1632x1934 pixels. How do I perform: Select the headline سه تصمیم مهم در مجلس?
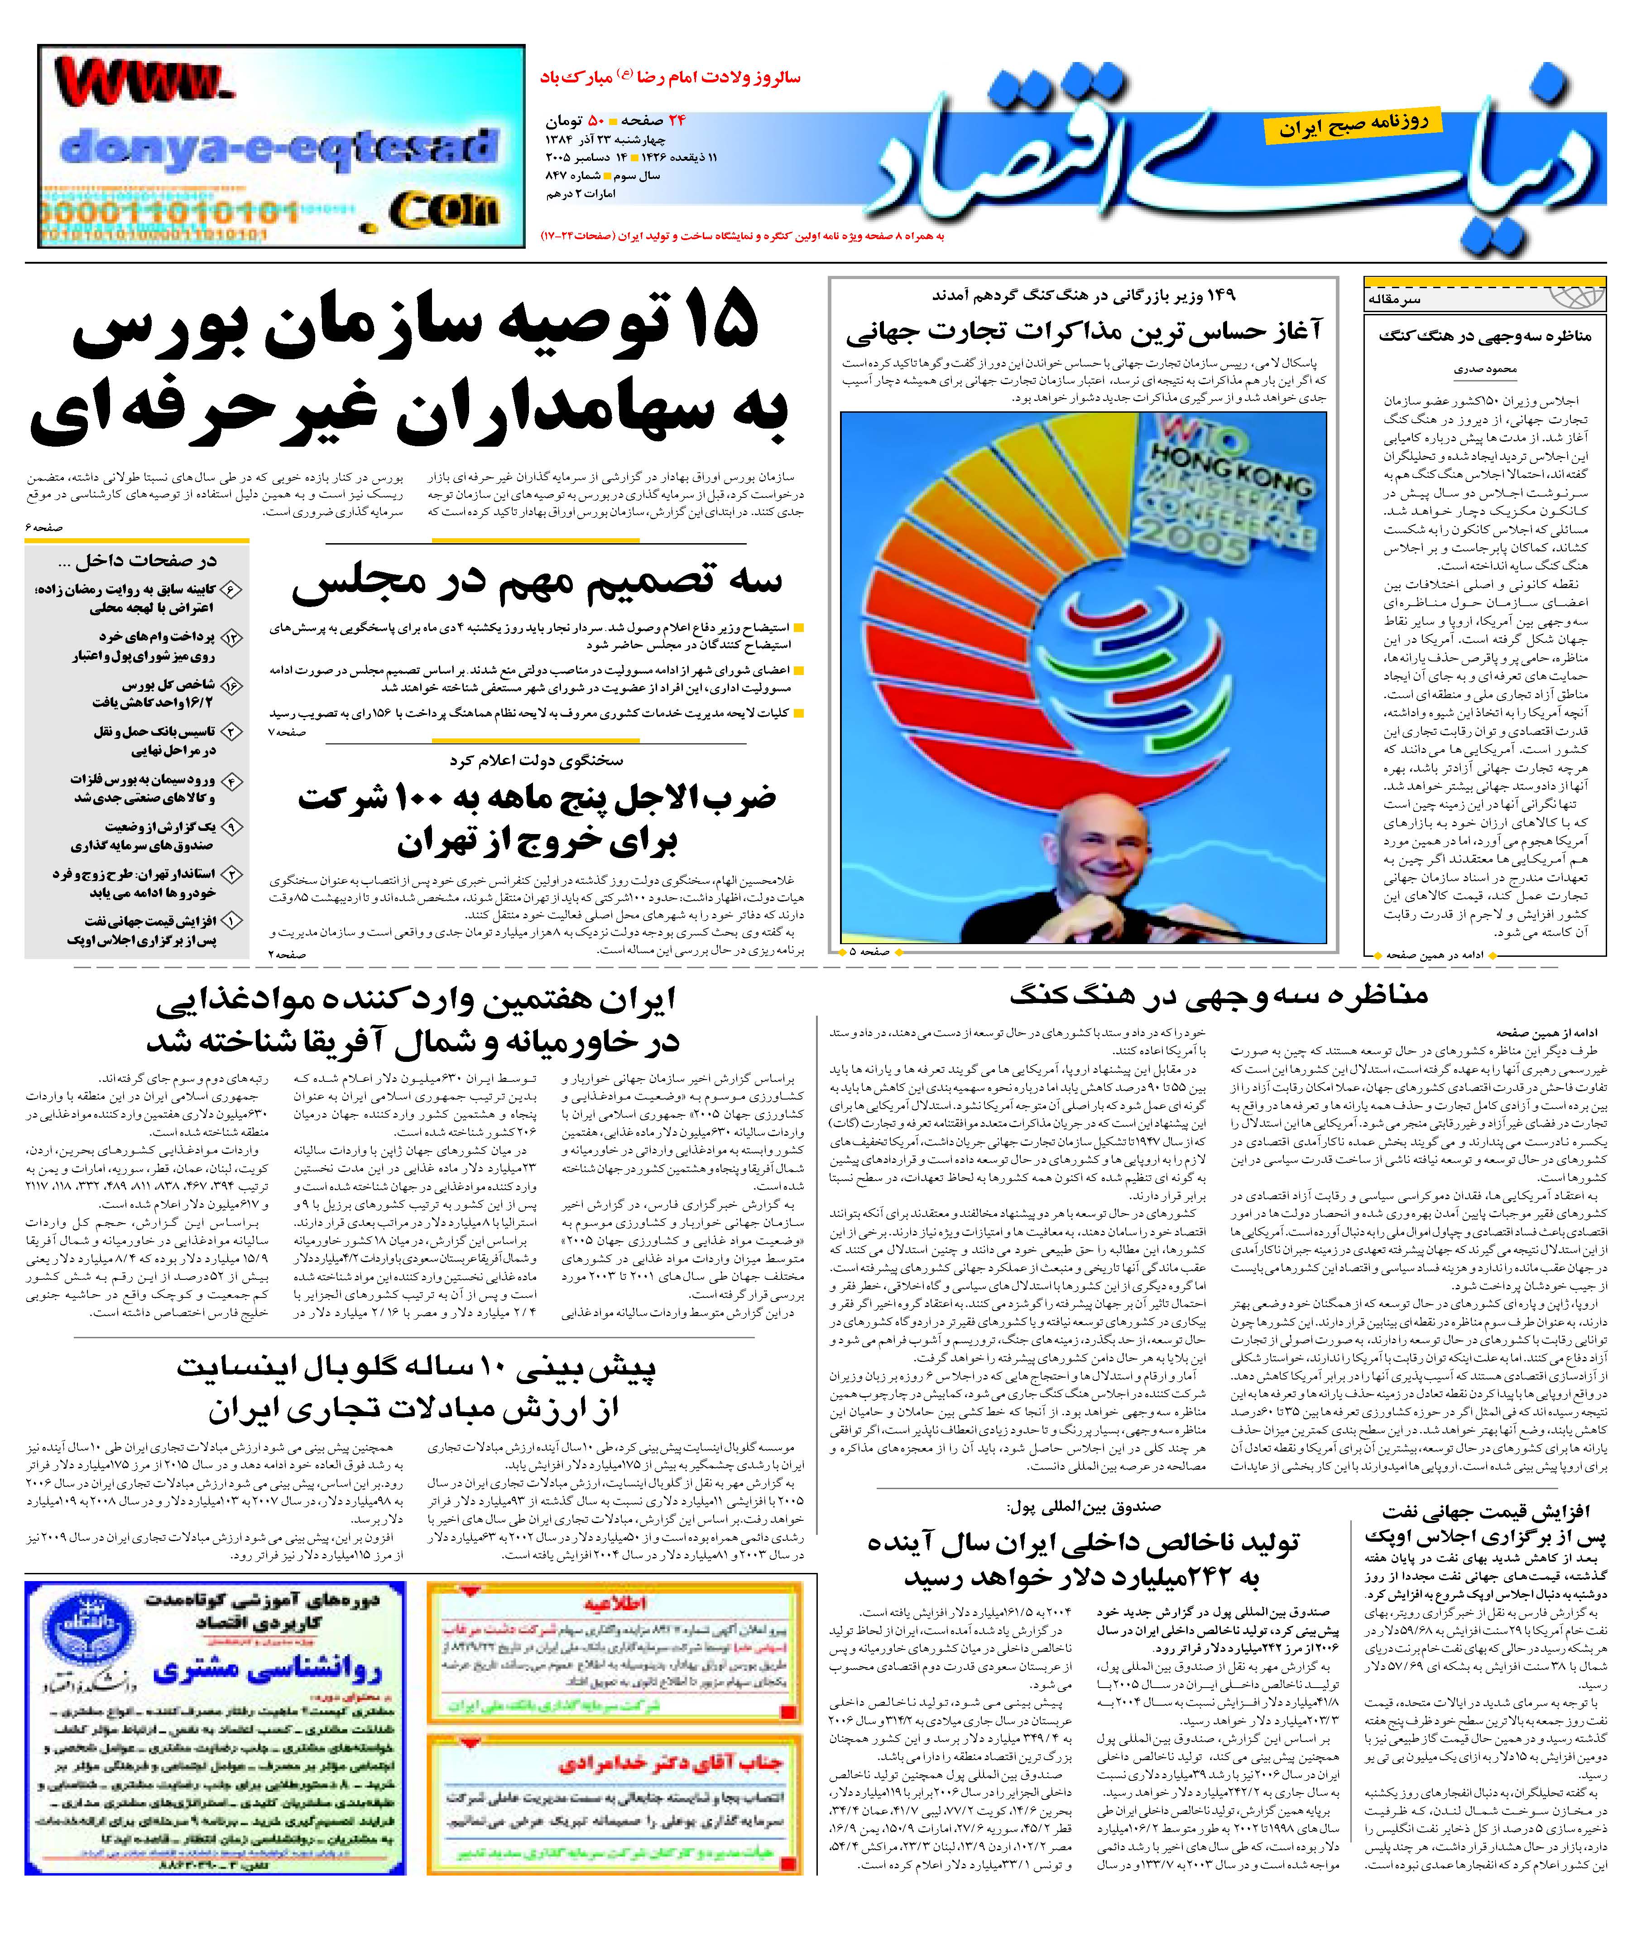pyautogui.click(x=537, y=580)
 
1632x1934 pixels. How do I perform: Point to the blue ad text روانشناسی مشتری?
pyautogui.click(x=268, y=1670)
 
